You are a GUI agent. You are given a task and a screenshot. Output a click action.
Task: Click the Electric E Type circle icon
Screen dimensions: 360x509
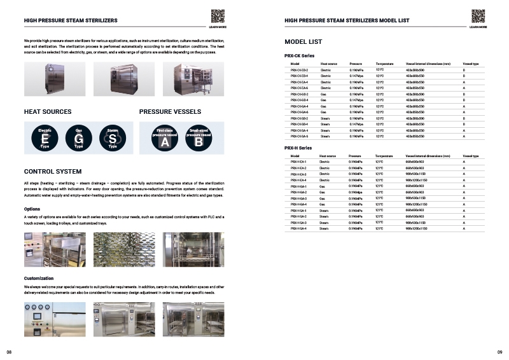point(45,138)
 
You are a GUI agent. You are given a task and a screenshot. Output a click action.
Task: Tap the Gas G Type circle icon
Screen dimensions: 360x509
point(78,138)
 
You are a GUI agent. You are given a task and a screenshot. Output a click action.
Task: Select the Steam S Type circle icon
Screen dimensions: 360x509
point(113,138)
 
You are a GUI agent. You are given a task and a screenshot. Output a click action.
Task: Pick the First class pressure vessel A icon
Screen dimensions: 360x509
point(164,138)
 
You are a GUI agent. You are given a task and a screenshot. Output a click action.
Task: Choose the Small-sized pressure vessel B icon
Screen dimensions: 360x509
point(199,138)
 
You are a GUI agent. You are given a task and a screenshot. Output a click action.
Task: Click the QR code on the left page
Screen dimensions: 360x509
point(217,17)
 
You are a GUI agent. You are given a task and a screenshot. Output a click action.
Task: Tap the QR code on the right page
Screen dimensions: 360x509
point(478,17)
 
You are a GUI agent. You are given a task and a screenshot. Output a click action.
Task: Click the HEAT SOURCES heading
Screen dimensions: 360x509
point(48,112)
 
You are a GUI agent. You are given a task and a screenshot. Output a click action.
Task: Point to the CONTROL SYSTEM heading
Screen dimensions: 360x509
point(53,172)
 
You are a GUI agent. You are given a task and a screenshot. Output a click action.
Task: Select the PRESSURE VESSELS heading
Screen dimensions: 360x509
point(171,112)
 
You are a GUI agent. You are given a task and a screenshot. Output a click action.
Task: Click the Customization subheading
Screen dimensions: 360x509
point(39,279)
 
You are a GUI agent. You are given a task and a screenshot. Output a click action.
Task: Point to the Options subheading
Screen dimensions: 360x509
point(32,209)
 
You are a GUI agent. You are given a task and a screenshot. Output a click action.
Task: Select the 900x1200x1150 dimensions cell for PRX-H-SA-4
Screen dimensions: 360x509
point(416,228)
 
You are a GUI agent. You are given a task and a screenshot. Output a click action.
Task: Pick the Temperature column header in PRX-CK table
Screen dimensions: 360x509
point(384,64)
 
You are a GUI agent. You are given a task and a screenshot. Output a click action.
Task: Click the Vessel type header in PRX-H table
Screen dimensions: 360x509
point(471,156)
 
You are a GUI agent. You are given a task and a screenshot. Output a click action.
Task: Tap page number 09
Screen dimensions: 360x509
point(499,352)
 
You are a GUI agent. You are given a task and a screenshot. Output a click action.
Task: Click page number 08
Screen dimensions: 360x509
point(9,352)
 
